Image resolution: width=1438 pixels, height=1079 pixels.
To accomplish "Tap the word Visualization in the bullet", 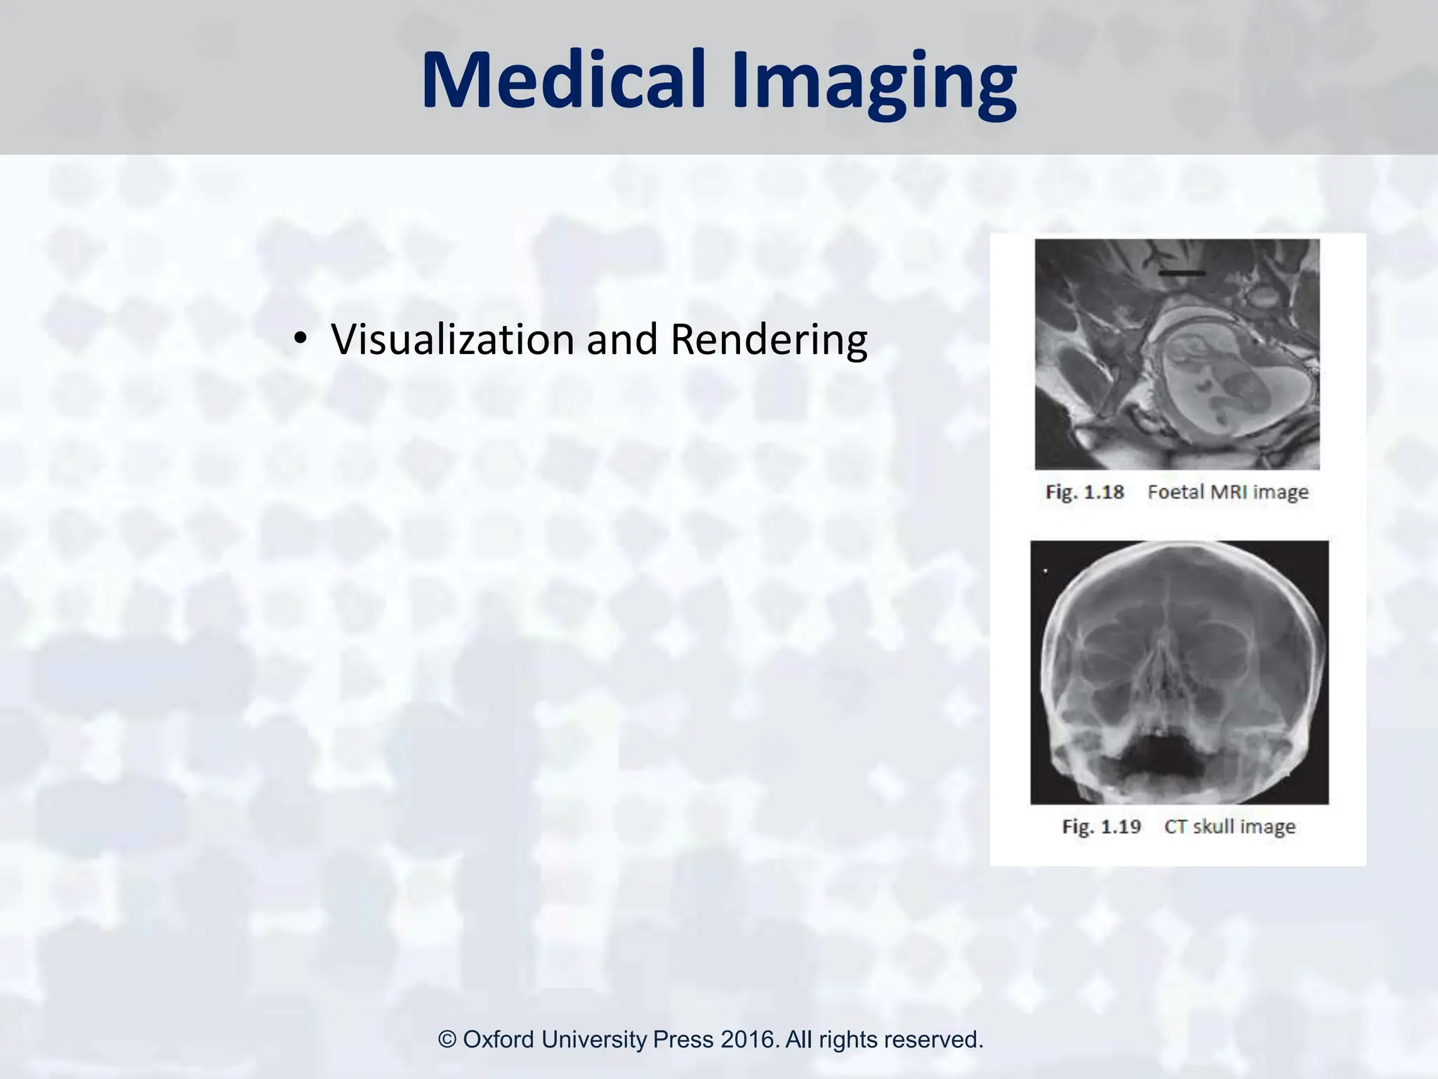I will [454, 340].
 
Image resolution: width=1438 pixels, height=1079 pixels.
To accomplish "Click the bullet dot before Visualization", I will [301, 341].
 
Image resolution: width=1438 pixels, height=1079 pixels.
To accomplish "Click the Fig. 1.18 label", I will [1085, 492].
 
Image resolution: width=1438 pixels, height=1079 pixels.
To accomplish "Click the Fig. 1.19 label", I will [1101, 826].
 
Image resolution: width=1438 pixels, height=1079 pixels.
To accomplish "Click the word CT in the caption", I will [1175, 826].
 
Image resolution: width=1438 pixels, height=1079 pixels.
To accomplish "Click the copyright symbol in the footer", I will [447, 1039].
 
